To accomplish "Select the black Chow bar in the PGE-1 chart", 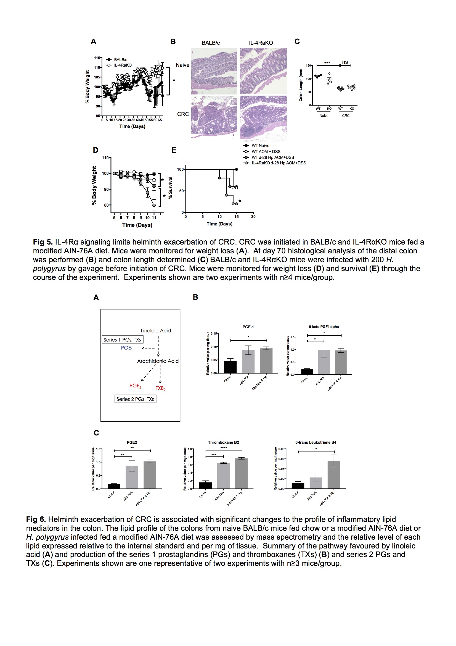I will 230,367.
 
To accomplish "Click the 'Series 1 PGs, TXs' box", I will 122,340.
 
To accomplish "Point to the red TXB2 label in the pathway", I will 161,388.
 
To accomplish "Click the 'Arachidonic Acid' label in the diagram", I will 158,361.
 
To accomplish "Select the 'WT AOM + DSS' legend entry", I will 266,151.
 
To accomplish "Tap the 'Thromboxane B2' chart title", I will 223,442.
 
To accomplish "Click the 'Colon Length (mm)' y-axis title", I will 301,85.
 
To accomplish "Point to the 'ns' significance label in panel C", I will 345,62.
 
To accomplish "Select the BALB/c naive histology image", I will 214,71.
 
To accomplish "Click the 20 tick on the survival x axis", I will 253,217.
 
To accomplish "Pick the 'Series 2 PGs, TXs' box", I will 135,399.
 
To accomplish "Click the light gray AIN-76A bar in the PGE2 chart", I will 132,477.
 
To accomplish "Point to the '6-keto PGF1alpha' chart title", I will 324,327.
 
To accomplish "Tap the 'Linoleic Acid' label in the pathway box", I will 156,330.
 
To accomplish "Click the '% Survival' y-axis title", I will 170,188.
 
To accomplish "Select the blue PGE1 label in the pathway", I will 126,348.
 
